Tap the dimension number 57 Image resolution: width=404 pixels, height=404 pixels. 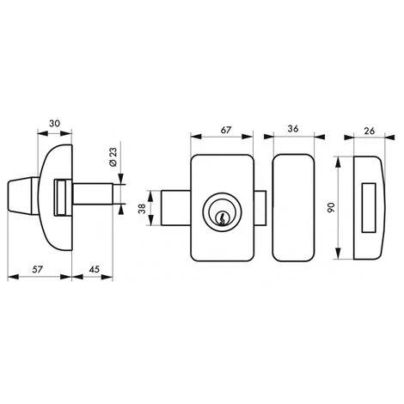tap(38, 269)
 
